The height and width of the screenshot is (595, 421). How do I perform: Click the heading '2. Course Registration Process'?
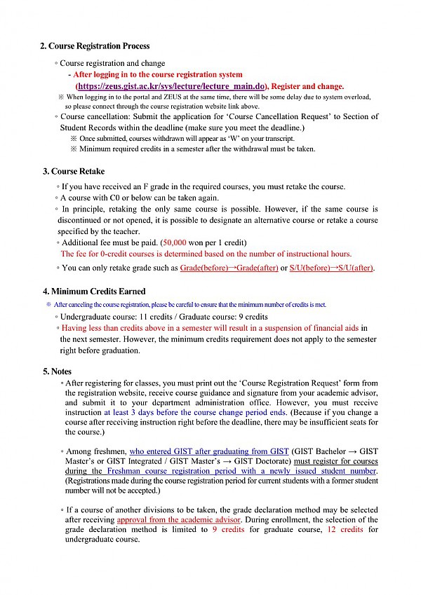tap(95, 46)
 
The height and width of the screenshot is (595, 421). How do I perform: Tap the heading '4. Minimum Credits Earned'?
tap(94, 291)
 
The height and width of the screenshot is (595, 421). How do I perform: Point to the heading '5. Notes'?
tap(58, 371)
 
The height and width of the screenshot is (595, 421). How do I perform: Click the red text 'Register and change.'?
tap(307, 86)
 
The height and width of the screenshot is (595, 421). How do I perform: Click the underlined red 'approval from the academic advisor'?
tap(179, 519)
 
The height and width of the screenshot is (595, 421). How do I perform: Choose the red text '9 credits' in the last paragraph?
tap(229, 530)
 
